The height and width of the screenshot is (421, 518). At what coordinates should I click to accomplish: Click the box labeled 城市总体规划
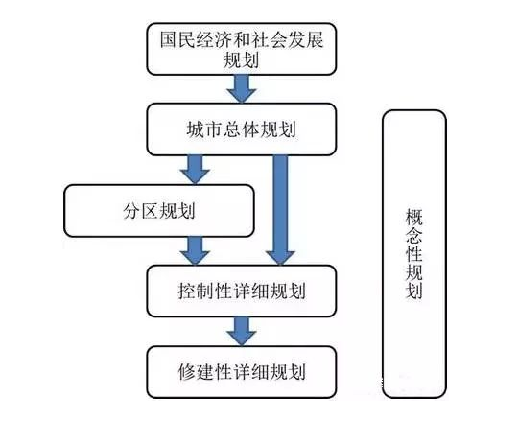click(x=242, y=129)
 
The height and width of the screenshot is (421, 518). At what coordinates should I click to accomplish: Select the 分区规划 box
click(x=159, y=211)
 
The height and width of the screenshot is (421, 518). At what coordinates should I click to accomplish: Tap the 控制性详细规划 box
click(x=242, y=292)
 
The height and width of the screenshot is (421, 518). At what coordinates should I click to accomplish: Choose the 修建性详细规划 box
click(x=242, y=372)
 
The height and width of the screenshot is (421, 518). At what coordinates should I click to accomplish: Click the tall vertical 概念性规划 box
click(x=414, y=254)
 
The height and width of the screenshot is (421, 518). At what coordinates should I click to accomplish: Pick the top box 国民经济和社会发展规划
click(x=242, y=49)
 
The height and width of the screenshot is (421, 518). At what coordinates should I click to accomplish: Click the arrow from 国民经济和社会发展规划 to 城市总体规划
click(x=242, y=89)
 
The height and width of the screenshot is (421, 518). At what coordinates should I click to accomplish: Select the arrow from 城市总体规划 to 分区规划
click(x=195, y=170)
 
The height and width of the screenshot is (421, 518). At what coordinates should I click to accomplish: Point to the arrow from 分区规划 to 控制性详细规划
click(x=195, y=251)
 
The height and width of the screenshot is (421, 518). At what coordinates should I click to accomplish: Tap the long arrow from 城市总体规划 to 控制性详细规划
click(x=280, y=210)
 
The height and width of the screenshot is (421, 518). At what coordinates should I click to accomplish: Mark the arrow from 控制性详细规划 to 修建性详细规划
click(x=242, y=332)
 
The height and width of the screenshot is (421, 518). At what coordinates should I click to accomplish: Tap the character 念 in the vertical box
click(x=414, y=235)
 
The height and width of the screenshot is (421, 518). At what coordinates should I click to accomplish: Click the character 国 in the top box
click(x=169, y=40)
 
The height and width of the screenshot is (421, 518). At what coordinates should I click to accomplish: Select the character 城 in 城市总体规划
click(x=196, y=129)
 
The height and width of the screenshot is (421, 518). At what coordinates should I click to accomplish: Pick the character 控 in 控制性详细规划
click(x=187, y=292)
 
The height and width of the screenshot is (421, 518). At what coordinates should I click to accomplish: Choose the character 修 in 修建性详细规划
click(x=187, y=372)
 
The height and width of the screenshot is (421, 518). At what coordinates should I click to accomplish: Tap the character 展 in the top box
click(x=315, y=40)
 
